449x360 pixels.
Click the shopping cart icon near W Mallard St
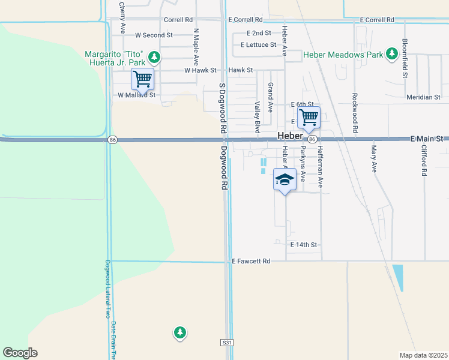(142, 78)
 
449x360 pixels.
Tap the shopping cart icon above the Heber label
(309, 117)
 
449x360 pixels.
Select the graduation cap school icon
(285, 179)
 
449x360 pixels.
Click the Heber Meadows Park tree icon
(392, 55)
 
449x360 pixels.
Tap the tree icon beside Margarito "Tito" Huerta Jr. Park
(155, 57)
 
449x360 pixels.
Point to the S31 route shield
(225, 342)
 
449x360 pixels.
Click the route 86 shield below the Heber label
(312, 139)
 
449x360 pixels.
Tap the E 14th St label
(303, 245)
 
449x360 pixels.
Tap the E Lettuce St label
(258, 44)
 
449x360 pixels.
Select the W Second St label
(154, 35)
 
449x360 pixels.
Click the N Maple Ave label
(196, 47)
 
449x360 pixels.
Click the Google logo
(20, 352)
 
